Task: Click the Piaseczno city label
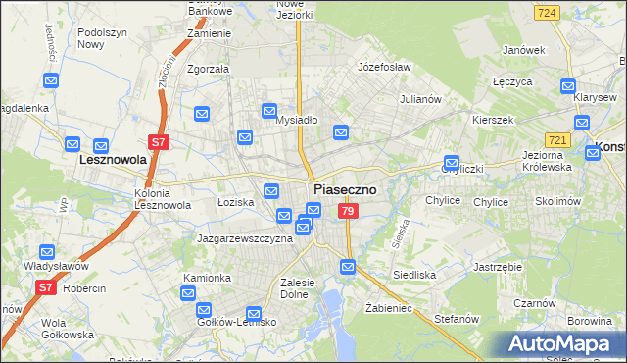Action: [x=345, y=189]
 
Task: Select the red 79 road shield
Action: [x=347, y=212]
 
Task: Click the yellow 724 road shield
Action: [x=548, y=13]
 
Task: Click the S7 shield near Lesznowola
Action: [x=160, y=142]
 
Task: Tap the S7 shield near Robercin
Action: [x=45, y=287]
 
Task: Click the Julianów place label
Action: [x=423, y=99]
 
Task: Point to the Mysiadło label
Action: [x=296, y=120]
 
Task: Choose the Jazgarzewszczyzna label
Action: [x=245, y=238]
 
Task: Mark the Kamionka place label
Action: [x=207, y=278]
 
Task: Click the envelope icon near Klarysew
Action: [x=566, y=85]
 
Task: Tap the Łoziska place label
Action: [x=235, y=201]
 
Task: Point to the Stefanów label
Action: [x=456, y=319]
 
